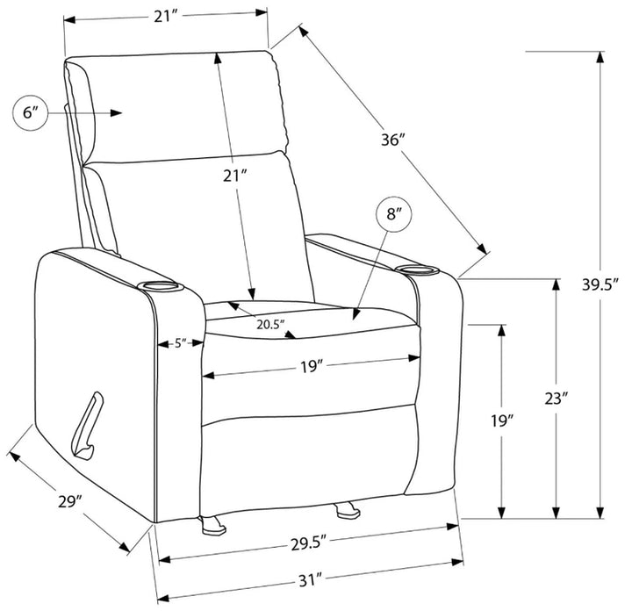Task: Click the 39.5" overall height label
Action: point(600,284)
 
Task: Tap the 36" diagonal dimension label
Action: point(392,140)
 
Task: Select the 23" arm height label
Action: point(557,399)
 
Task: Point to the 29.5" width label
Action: point(308,543)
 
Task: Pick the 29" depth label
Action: point(70,502)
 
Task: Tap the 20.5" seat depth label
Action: point(271,325)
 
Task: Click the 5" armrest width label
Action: point(180,343)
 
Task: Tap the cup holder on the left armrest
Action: point(161,287)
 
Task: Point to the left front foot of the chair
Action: point(212,525)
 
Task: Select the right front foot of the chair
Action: point(347,509)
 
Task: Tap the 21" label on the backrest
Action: point(235,176)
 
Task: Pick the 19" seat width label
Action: point(312,367)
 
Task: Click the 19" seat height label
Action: point(502,421)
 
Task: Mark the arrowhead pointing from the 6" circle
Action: point(116,113)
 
